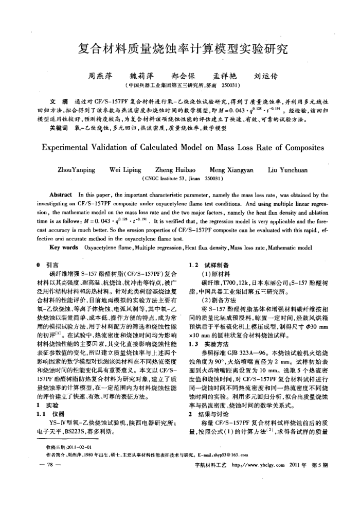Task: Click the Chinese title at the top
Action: pyautogui.click(x=180, y=50)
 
